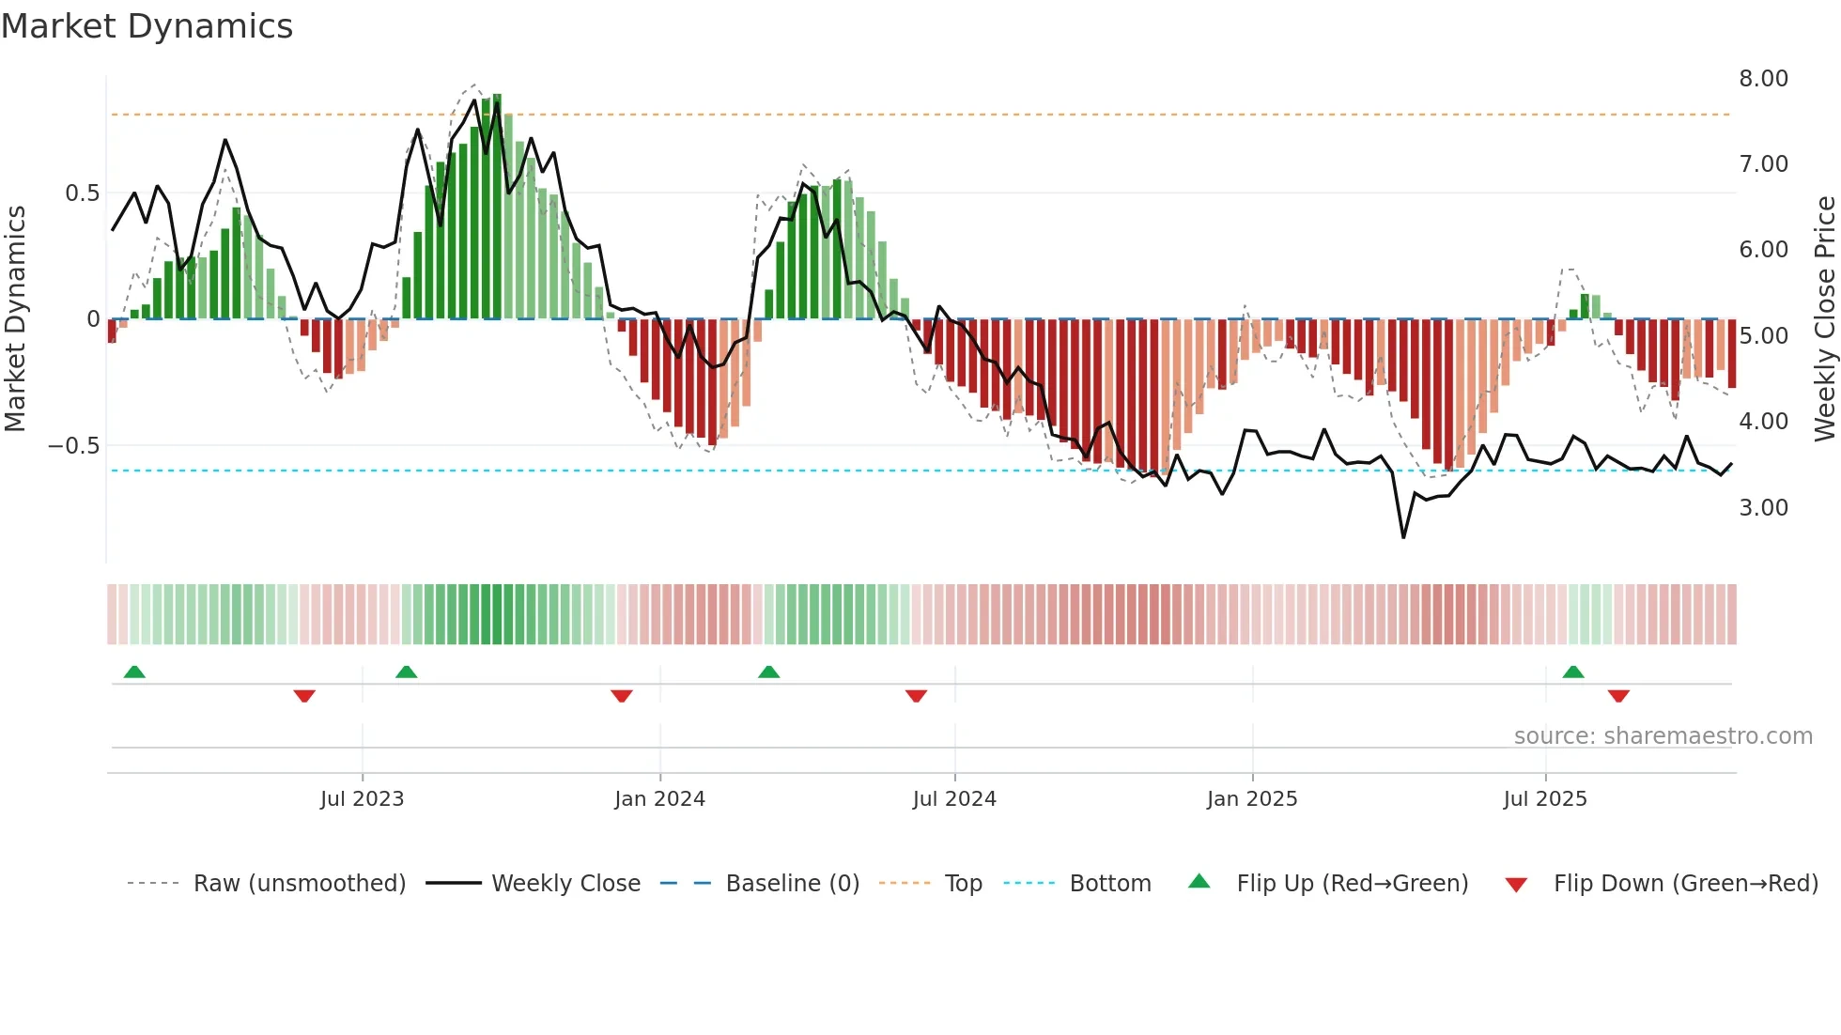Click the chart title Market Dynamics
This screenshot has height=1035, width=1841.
coord(147,26)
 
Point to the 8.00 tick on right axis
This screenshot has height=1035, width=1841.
coord(1763,79)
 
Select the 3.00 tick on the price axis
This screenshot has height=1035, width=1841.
coord(1763,508)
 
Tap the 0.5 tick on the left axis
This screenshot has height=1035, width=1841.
coord(82,193)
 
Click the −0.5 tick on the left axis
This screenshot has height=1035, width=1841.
coord(74,446)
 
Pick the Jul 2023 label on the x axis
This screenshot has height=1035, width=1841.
coord(362,799)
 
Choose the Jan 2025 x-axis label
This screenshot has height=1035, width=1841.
coord(1251,799)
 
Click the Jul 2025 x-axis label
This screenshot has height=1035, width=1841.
coord(1544,799)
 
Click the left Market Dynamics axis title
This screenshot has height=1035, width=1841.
coord(15,319)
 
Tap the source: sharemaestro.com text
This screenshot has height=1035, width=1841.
coord(1663,736)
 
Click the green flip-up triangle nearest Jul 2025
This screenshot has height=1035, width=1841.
coord(1572,672)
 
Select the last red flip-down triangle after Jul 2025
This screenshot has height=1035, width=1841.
coord(1617,696)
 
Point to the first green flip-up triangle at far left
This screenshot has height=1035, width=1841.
coord(134,672)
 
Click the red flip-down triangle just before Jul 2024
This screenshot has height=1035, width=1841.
coord(916,696)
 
